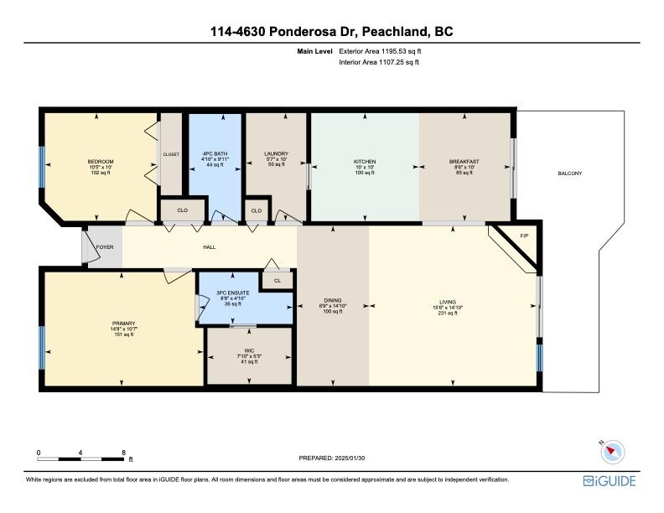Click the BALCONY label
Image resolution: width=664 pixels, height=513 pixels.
click(569, 174)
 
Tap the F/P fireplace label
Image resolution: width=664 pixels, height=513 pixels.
click(524, 236)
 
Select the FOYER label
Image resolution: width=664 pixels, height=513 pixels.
click(105, 246)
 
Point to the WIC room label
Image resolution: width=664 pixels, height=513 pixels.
click(249, 350)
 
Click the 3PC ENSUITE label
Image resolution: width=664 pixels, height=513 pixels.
click(232, 293)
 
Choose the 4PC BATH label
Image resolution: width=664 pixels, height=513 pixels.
click(215, 153)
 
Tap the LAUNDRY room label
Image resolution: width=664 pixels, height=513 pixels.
click(276, 153)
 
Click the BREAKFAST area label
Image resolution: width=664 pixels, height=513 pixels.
click(464, 161)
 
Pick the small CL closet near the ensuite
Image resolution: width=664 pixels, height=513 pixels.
click(278, 280)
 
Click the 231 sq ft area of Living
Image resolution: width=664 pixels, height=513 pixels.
click(448, 313)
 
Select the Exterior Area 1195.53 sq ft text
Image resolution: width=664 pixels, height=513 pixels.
click(380, 51)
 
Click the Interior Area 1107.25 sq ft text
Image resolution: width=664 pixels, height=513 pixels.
click(379, 62)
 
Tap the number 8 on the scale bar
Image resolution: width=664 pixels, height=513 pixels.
click(123, 453)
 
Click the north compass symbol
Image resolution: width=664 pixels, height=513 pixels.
click(612, 452)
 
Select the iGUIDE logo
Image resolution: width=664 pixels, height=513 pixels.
click(610, 481)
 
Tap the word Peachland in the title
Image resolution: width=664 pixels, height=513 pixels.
click(394, 31)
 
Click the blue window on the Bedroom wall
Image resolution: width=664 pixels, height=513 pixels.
click(42, 167)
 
